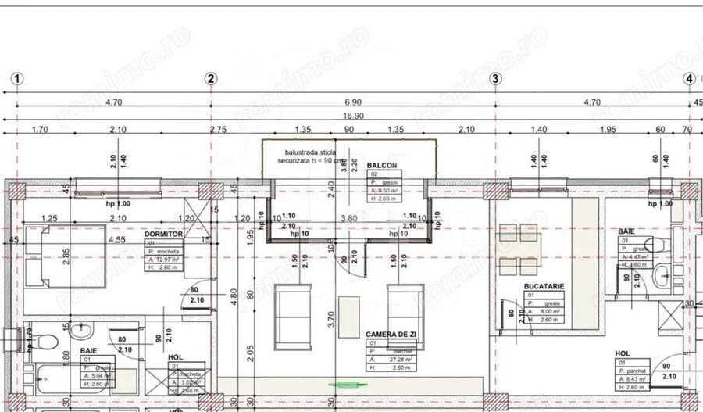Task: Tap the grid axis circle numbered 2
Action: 211,78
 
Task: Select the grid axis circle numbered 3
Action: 494,78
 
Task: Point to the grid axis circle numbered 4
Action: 689,78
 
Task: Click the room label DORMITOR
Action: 163,234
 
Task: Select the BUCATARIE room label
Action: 544,287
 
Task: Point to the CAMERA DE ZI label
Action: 390,334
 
